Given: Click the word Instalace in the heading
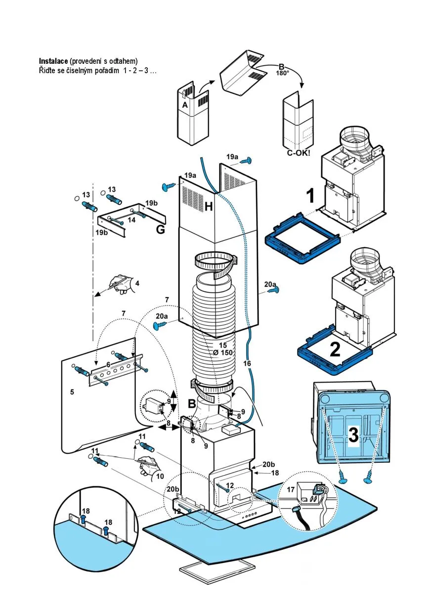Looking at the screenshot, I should coord(54,61).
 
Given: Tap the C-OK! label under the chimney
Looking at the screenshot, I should coord(299,153).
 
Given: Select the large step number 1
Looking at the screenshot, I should coord(310,196).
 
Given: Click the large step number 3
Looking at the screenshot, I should coord(353,435).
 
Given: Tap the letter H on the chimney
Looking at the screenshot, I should coord(209,207).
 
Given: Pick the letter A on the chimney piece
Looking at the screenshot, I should coord(184,105).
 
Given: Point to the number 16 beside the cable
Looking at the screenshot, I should coord(247,363).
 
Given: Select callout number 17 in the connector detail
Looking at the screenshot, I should coord(291,489).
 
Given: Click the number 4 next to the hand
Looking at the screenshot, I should coord(137,283).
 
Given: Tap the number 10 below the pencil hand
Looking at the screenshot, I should coord(160,476).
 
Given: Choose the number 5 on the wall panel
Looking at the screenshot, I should coord(72,392).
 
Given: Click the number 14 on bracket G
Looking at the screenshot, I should coord(131,220).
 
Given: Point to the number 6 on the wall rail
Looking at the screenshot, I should coord(108,364).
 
